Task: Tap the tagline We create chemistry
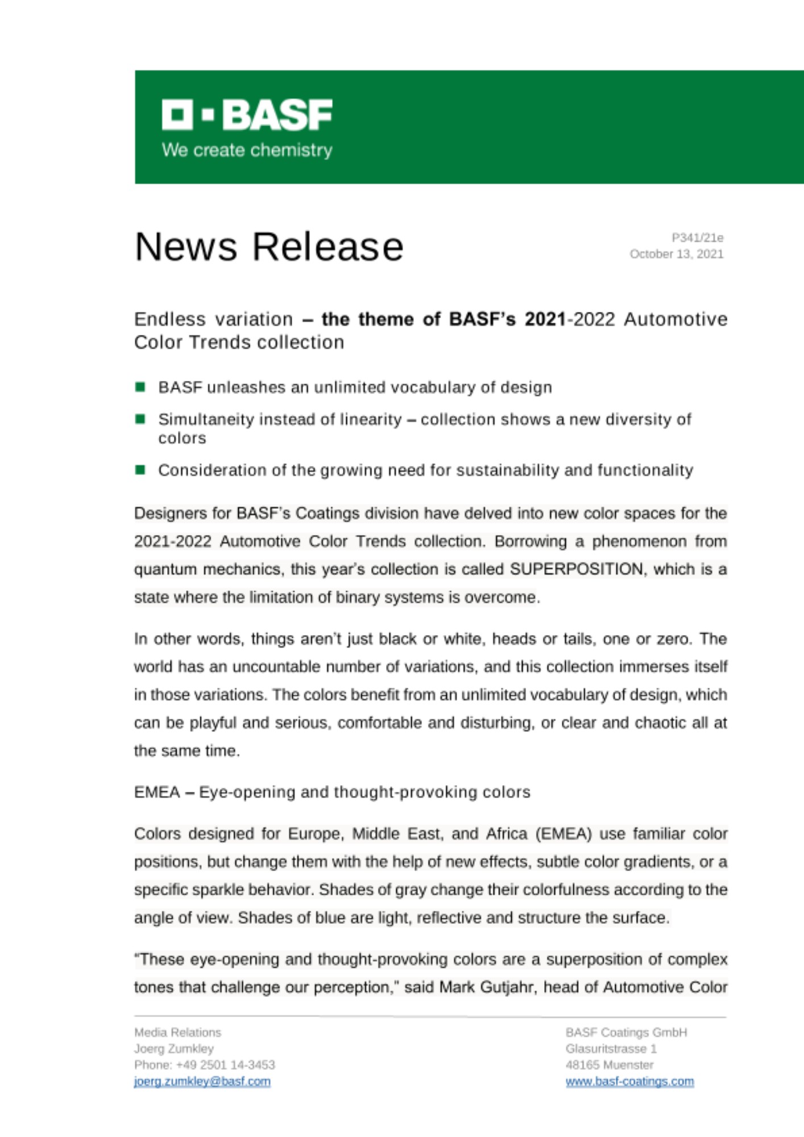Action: (x=247, y=150)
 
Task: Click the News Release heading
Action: (x=269, y=247)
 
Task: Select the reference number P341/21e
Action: (x=697, y=238)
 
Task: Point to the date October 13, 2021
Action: (x=676, y=254)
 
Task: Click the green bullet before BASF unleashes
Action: (x=140, y=387)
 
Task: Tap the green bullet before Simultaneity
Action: (x=140, y=420)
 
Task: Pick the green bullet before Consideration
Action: (x=140, y=470)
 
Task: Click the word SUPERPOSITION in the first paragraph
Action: (x=576, y=569)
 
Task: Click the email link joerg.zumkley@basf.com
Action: (x=202, y=1081)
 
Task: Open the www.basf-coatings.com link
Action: (x=629, y=1081)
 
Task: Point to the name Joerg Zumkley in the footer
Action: (x=174, y=1048)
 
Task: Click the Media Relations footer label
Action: (x=177, y=1032)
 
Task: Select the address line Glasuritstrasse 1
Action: (x=611, y=1048)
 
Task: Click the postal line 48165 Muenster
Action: (x=609, y=1065)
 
